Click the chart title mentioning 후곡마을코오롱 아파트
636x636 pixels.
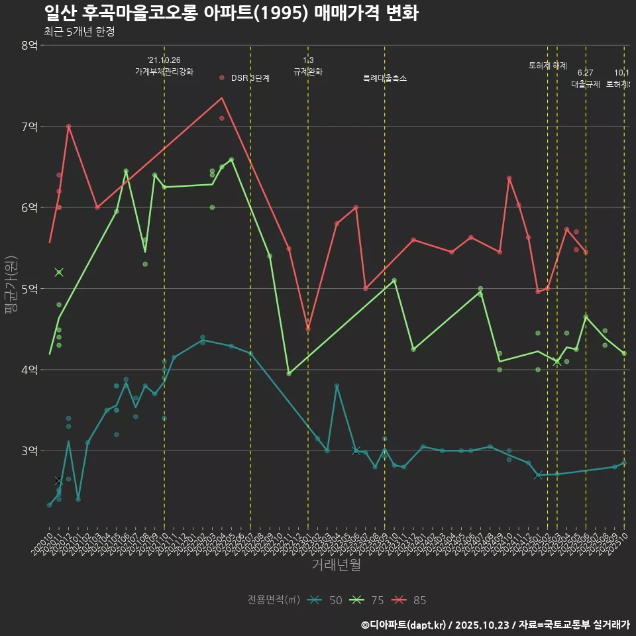click(231, 13)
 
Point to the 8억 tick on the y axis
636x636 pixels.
click(29, 45)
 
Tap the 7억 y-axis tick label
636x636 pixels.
click(29, 127)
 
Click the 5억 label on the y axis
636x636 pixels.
click(29, 289)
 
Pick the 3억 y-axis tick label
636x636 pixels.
click(29, 451)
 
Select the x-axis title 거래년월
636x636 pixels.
click(336, 565)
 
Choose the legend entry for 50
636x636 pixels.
click(325, 600)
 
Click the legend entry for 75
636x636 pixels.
click(367, 600)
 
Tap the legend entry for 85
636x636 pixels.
click(409, 600)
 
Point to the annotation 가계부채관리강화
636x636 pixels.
click(164, 72)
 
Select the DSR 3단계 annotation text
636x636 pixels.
click(250, 78)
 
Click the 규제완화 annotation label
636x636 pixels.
click(308, 72)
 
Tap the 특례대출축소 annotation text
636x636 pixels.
click(385, 78)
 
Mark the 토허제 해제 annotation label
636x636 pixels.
click(548, 66)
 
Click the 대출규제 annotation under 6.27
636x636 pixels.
click(586, 84)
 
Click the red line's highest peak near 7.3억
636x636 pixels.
click(222, 98)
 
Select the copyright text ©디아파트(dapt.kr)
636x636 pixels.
click(404, 625)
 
